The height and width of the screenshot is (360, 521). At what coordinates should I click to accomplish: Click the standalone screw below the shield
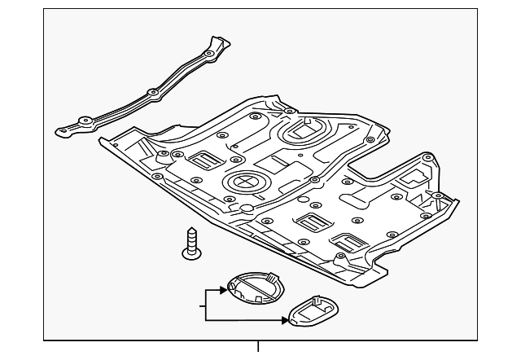point(192,244)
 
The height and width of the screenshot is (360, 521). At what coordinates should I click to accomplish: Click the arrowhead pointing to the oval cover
point(285,318)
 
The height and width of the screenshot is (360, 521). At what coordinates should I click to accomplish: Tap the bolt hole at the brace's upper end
point(210,54)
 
